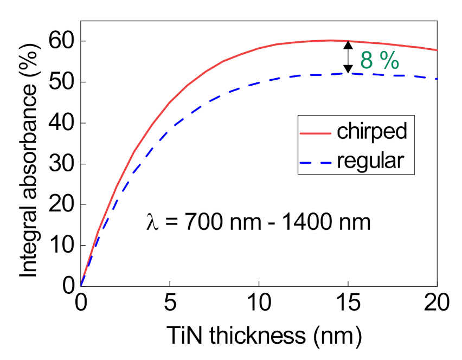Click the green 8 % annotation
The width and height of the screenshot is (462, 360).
[380, 61]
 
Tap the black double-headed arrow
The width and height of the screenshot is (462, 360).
[348, 57]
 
